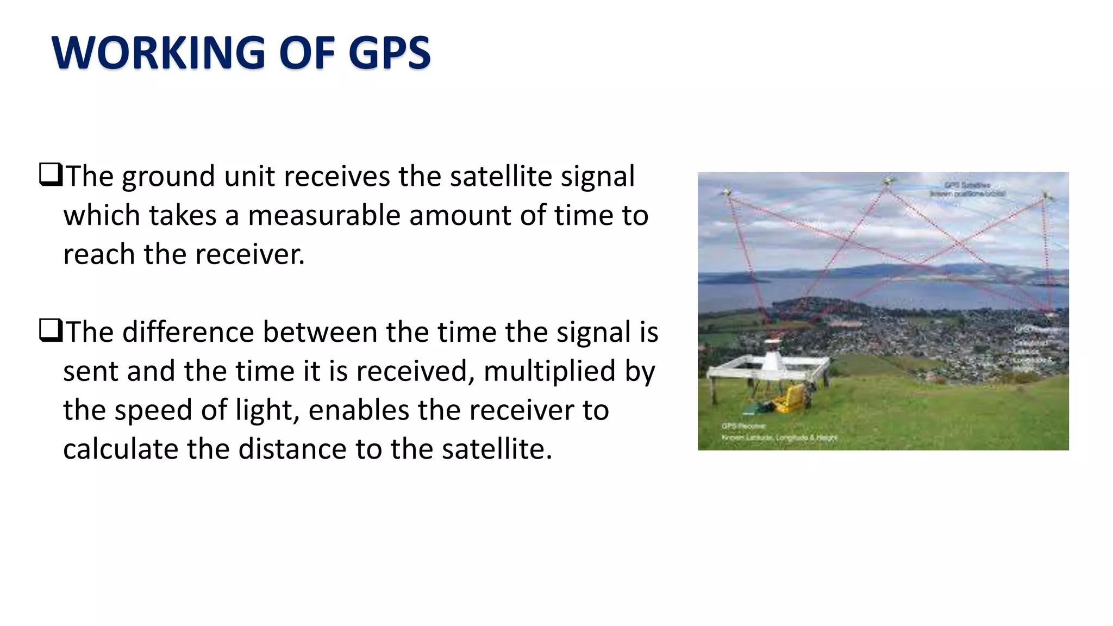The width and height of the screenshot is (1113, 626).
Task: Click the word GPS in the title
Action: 389,53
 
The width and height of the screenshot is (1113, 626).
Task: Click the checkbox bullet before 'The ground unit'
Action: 51,176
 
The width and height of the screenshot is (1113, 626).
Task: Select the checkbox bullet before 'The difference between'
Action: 51,331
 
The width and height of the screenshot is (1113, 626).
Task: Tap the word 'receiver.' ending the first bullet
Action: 250,254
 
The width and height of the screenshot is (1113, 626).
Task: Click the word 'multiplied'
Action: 549,371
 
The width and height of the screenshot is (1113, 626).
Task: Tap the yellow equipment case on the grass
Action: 789,399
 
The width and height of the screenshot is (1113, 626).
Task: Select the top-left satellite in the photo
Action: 727,191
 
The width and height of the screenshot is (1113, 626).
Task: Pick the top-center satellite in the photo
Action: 888,181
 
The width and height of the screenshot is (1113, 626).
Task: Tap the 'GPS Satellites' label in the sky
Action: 967,185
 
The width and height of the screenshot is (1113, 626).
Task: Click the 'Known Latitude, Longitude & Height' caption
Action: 779,438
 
